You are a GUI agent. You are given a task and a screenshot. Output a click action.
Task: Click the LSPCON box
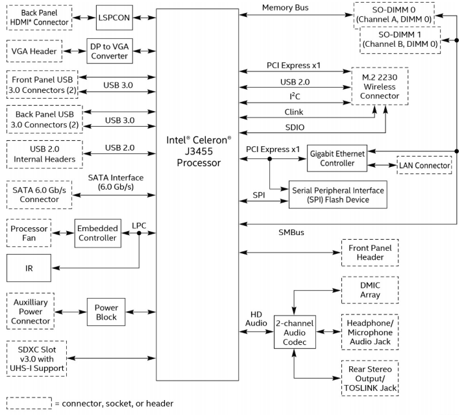coord(114,18)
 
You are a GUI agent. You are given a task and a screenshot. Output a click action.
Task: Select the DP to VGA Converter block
coord(110,51)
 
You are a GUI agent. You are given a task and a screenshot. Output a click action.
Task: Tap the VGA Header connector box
coord(34,51)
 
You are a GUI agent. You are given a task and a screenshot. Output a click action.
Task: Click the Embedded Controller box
coord(97,233)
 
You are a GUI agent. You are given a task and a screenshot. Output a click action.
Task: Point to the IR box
coord(29,268)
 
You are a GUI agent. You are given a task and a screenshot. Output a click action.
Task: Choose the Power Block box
coord(106,312)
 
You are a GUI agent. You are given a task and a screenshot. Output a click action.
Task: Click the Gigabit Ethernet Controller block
coord(337,158)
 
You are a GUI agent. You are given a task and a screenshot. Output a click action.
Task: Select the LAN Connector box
coord(424,165)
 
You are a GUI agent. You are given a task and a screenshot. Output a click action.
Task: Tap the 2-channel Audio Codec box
coord(295,332)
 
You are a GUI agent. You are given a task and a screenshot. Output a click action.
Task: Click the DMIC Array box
coord(370,290)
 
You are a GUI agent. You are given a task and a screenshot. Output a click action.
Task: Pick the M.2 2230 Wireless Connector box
coord(380,86)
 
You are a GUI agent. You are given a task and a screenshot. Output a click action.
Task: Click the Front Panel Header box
coord(370,253)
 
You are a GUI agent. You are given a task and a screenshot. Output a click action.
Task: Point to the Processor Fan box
coord(29,233)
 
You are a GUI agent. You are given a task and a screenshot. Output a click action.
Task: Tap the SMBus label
coord(291,233)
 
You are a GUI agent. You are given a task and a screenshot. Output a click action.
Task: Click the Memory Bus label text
coord(286,8)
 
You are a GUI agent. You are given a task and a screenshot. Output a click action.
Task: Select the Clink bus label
coord(294,112)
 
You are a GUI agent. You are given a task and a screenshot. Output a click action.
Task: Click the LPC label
coord(139,226)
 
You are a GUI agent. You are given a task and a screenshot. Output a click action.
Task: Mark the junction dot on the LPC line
coord(139,233)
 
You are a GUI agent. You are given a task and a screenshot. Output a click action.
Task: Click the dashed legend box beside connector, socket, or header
coord(29,403)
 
